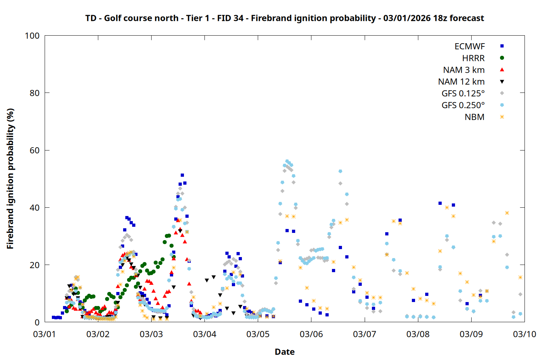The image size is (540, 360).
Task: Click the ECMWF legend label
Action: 469,46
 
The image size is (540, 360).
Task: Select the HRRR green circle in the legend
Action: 502,58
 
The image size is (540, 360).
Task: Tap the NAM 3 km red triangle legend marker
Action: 502,69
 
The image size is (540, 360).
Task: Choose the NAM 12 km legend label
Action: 461,82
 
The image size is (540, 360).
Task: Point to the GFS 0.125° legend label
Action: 463,94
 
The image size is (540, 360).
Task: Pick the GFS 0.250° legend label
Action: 463,105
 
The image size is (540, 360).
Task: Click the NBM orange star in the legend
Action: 502,117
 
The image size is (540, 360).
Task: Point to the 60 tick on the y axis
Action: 35,150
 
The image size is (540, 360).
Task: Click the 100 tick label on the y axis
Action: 32,36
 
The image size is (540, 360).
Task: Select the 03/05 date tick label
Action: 258,334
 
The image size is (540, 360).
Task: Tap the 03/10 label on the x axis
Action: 525,334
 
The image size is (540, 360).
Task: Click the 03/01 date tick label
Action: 45,334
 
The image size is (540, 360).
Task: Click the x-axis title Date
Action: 284,352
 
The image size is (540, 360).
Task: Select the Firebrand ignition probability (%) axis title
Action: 10,179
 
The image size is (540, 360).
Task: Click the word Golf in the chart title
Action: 113,18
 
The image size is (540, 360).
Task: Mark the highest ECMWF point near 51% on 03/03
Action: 182,175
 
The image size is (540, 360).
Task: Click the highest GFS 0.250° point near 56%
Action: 287,161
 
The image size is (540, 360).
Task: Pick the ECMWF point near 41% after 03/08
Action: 440,203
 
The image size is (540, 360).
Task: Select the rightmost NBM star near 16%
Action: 520,277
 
